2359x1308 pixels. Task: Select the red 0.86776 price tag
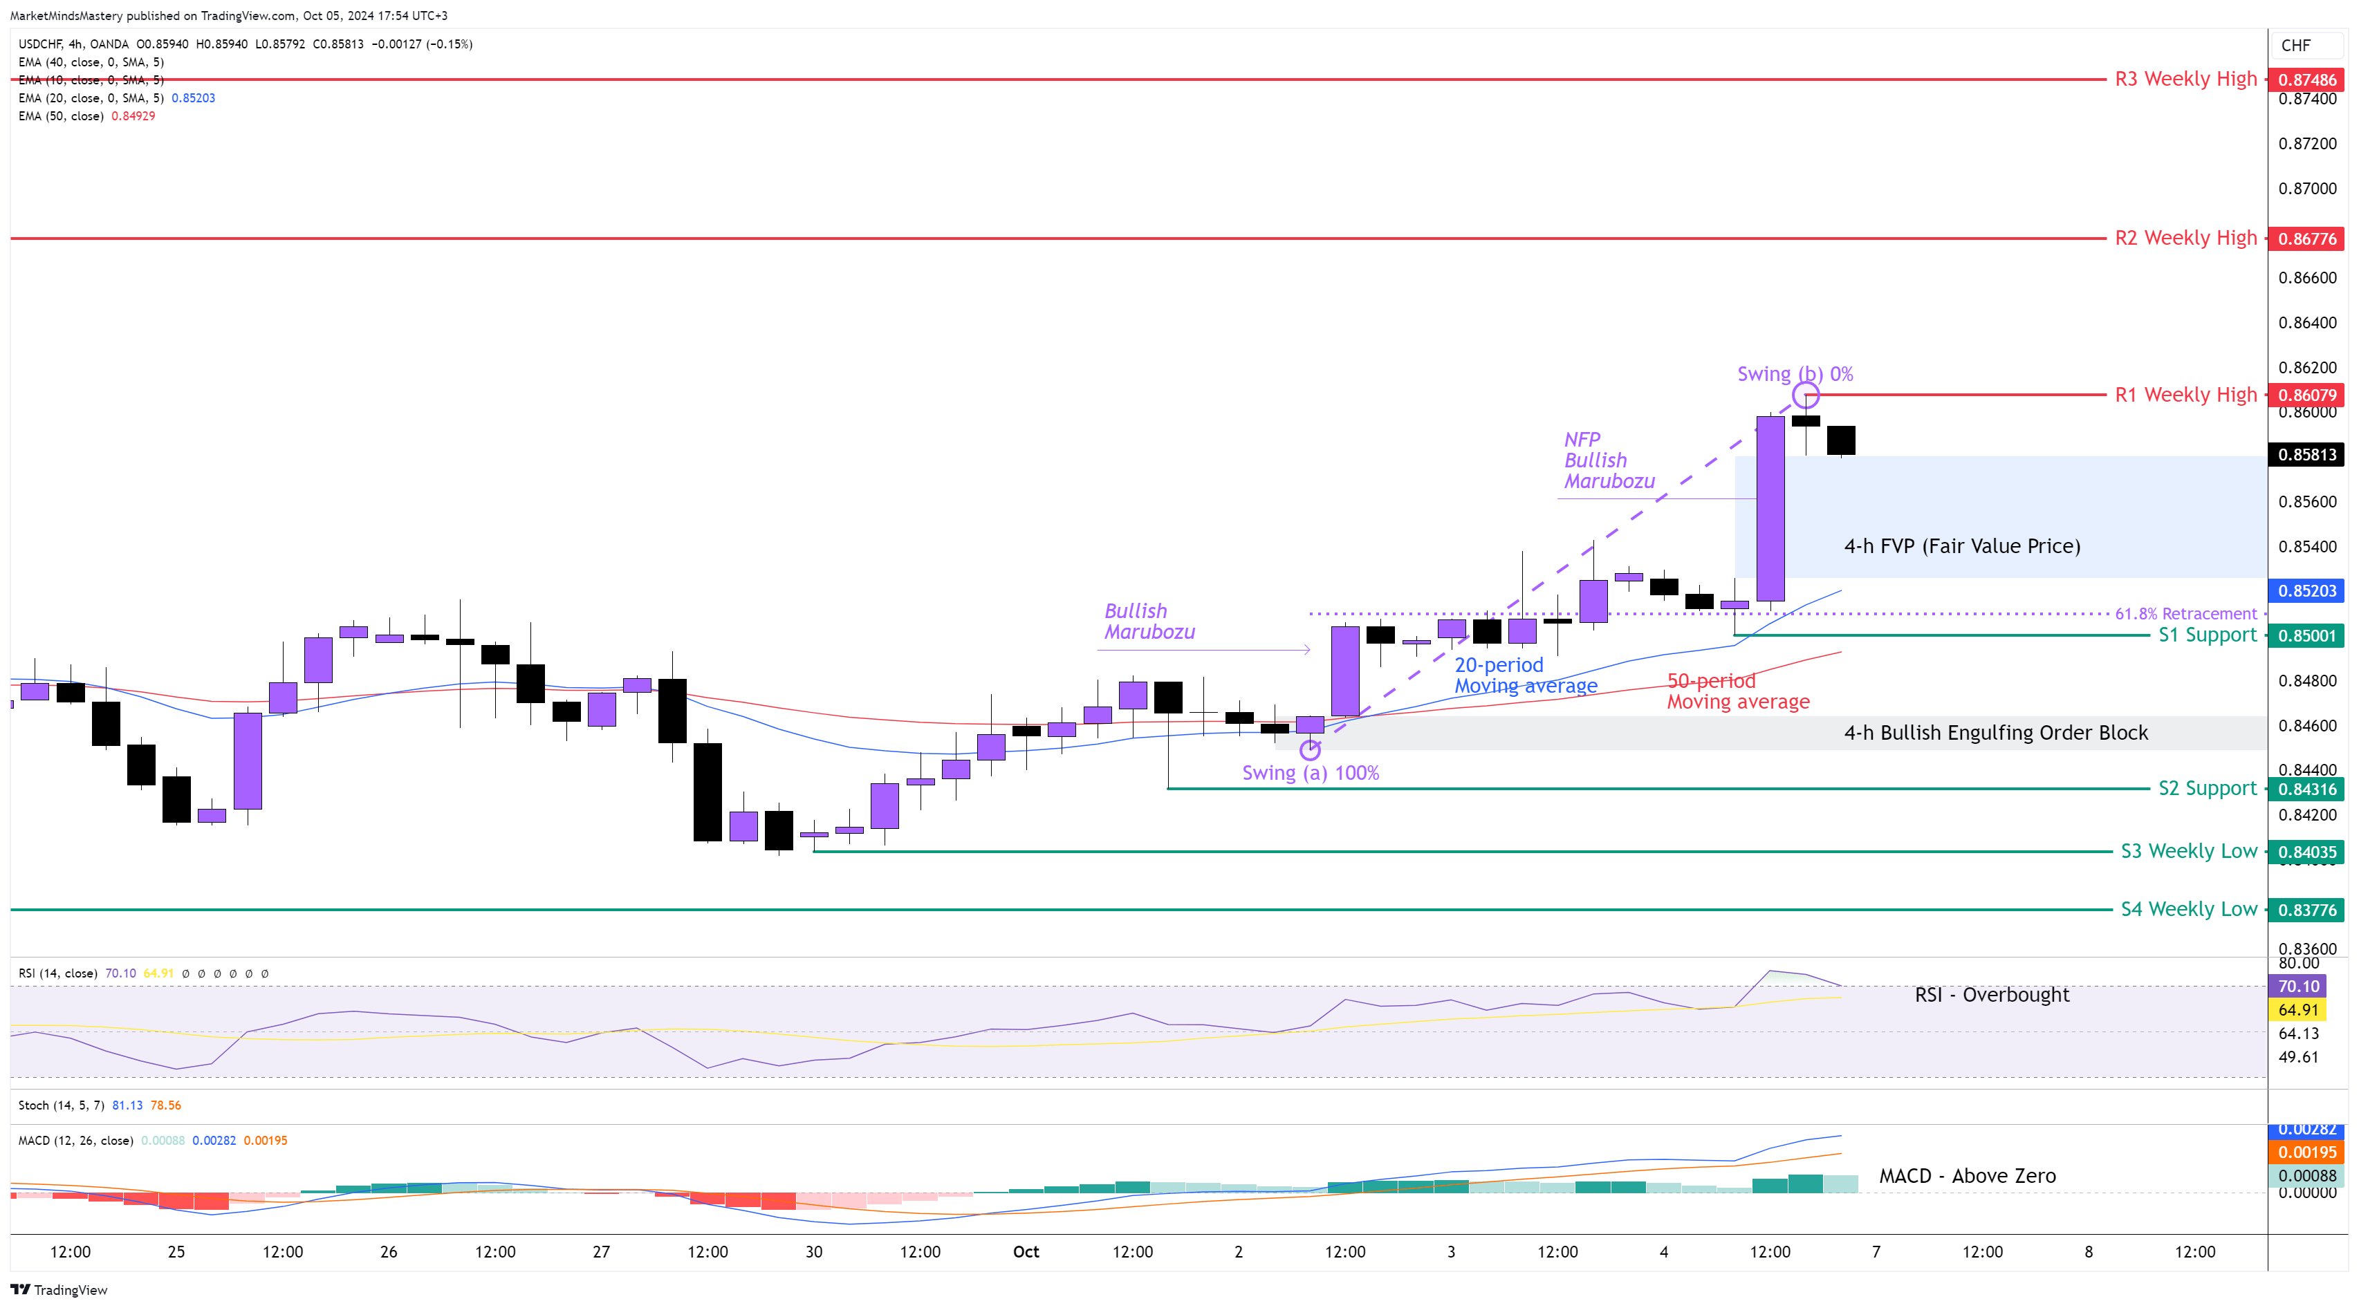click(2307, 239)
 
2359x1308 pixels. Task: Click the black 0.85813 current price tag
click(2307, 455)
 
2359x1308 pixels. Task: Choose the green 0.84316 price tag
click(2307, 789)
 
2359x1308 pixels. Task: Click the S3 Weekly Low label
click(2189, 851)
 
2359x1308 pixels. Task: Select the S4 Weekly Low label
click(2189, 910)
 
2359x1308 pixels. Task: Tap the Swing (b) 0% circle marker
click(1806, 395)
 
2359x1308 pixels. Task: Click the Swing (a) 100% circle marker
click(1311, 749)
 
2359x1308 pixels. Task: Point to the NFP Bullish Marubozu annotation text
click(1609, 460)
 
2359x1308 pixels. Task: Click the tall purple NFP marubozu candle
click(1770, 509)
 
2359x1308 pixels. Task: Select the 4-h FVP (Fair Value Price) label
click(1961, 546)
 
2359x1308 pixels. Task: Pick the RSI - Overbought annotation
click(1991, 995)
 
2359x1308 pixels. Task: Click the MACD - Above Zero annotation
click(1967, 1176)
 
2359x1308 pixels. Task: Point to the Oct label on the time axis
click(1026, 1252)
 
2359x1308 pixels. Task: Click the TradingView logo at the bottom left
click(59, 1291)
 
